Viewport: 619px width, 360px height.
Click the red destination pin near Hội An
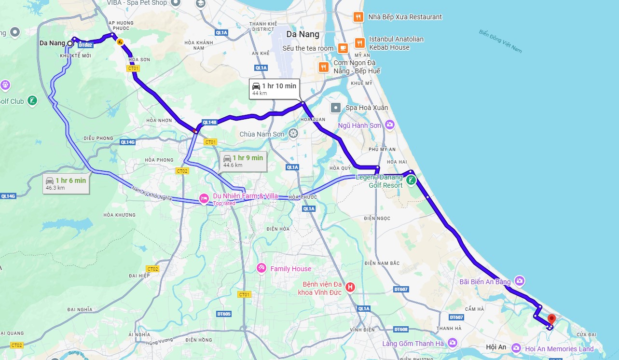pyautogui.click(x=551, y=319)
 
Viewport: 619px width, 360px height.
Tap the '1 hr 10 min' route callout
pyautogui.click(x=274, y=89)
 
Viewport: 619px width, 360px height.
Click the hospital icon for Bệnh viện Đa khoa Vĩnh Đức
pyautogui.click(x=351, y=288)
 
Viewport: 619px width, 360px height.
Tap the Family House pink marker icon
pyautogui.click(x=261, y=268)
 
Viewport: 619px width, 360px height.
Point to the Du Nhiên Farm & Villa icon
pyautogui.click(x=205, y=198)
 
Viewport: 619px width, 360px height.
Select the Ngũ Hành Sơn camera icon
pyautogui.click(x=389, y=125)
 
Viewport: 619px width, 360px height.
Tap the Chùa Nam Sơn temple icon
pyautogui.click(x=293, y=133)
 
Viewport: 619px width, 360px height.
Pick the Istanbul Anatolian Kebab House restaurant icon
pyautogui.click(x=359, y=43)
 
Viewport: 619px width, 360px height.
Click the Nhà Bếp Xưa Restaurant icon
pyautogui.click(x=358, y=17)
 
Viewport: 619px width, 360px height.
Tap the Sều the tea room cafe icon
pyautogui.click(x=343, y=48)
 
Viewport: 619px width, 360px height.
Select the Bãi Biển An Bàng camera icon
pyautogui.click(x=520, y=281)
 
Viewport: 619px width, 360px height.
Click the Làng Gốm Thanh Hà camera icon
pyautogui.click(x=452, y=343)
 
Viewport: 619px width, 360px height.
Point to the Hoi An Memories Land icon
pyautogui.click(x=516, y=348)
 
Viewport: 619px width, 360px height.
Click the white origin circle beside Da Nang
pyautogui.click(x=70, y=43)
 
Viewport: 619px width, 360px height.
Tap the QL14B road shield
pyautogui.click(x=209, y=122)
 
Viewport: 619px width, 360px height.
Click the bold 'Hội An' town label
pyautogui.click(x=496, y=347)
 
